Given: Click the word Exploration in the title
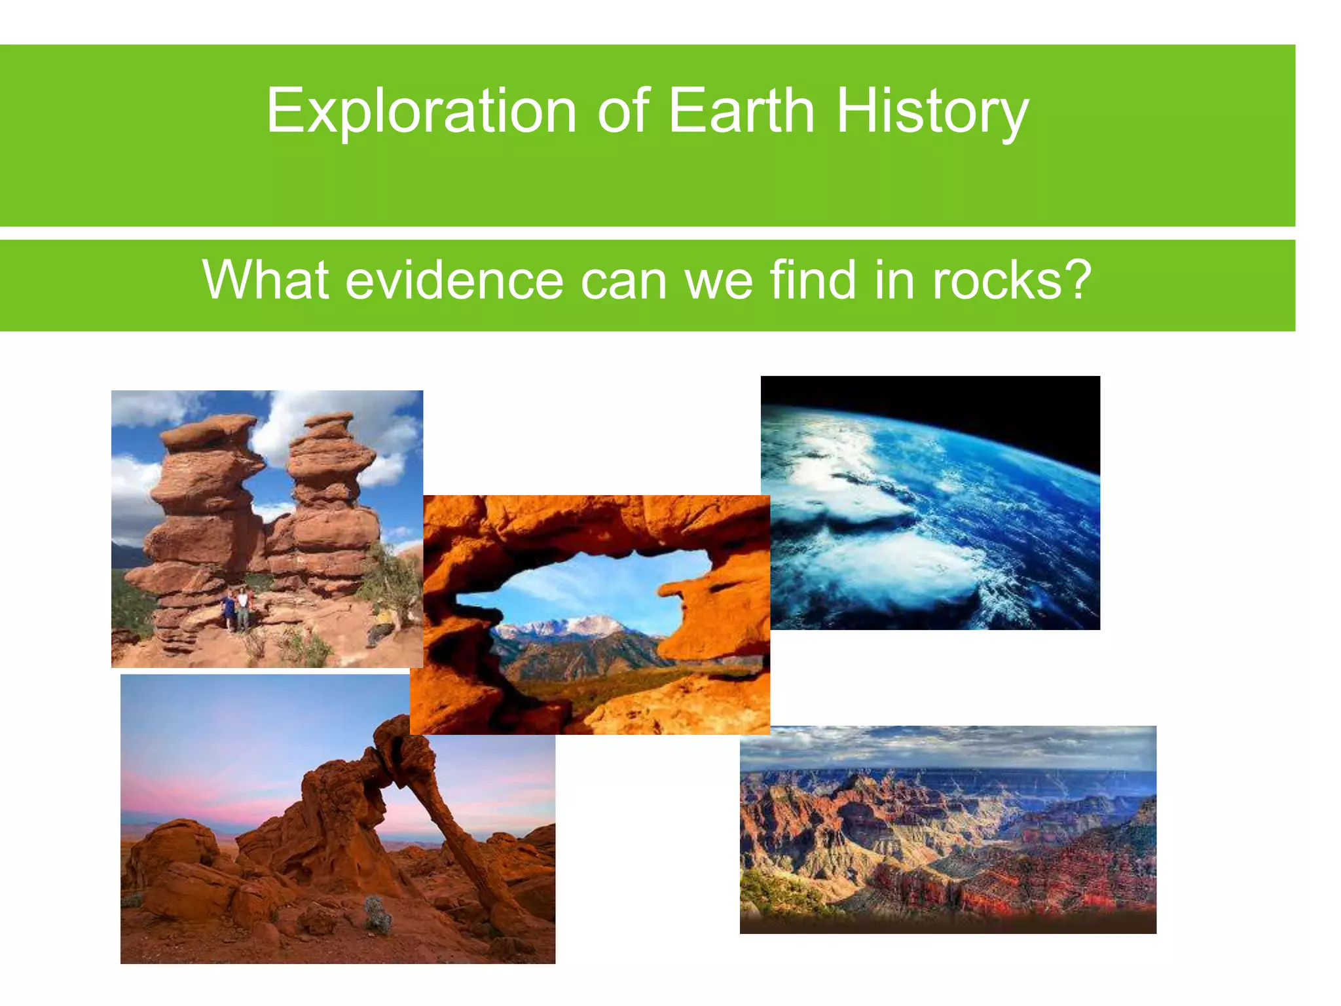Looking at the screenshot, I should (421, 111).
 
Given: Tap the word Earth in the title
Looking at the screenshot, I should (741, 111).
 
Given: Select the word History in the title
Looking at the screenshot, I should (932, 111).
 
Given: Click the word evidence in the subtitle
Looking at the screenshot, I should (454, 280).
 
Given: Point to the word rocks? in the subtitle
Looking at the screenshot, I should (1012, 280).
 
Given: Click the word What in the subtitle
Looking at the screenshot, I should (265, 280).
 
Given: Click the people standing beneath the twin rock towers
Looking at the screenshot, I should (236, 609).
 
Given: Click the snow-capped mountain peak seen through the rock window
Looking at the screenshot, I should (589, 622).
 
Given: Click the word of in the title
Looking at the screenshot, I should (622, 111).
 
